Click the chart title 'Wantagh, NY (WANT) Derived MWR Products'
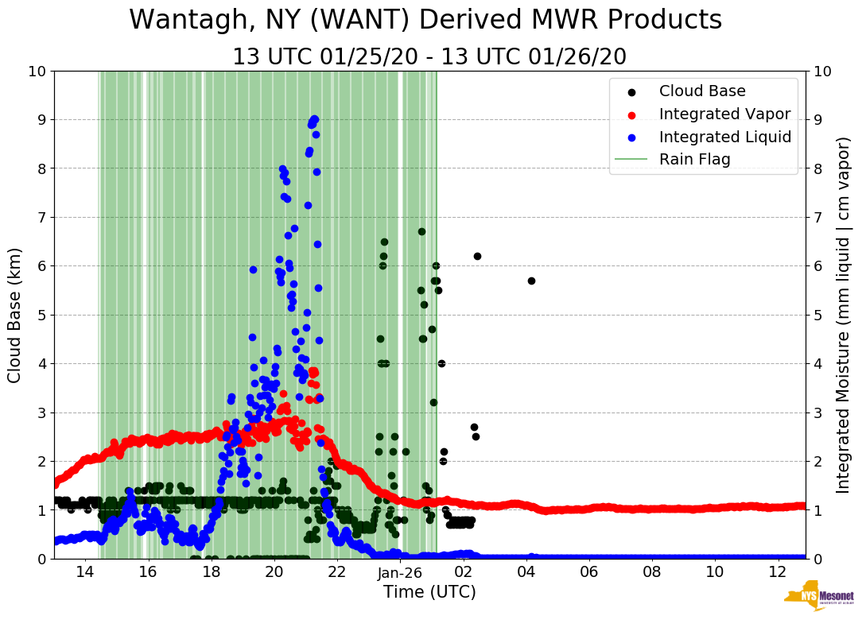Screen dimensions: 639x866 tap(425, 20)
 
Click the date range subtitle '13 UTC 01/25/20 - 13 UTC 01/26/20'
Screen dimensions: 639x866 tap(429, 57)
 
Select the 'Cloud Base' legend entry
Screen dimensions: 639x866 tap(702, 91)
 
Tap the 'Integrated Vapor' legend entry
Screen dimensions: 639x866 tap(724, 114)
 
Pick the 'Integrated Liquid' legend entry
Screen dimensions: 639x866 tap(725, 137)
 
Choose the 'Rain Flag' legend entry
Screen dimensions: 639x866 tap(694, 159)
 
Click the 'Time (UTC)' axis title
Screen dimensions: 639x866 tap(429, 592)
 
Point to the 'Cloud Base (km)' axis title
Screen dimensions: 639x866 tap(15, 315)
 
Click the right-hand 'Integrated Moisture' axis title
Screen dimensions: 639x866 tap(845, 315)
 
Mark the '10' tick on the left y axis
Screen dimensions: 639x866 tap(37, 72)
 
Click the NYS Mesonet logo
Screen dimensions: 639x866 tap(819, 598)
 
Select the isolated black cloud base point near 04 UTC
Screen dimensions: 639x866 tap(531, 281)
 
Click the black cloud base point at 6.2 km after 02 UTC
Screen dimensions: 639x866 tap(477, 256)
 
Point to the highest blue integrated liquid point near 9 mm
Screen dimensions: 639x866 tap(315, 119)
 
